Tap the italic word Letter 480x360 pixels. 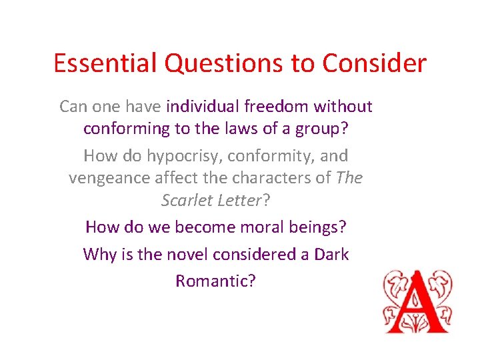tap(237, 201)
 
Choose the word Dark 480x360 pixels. tap(331, 254)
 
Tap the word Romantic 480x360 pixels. tap(212, 281)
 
